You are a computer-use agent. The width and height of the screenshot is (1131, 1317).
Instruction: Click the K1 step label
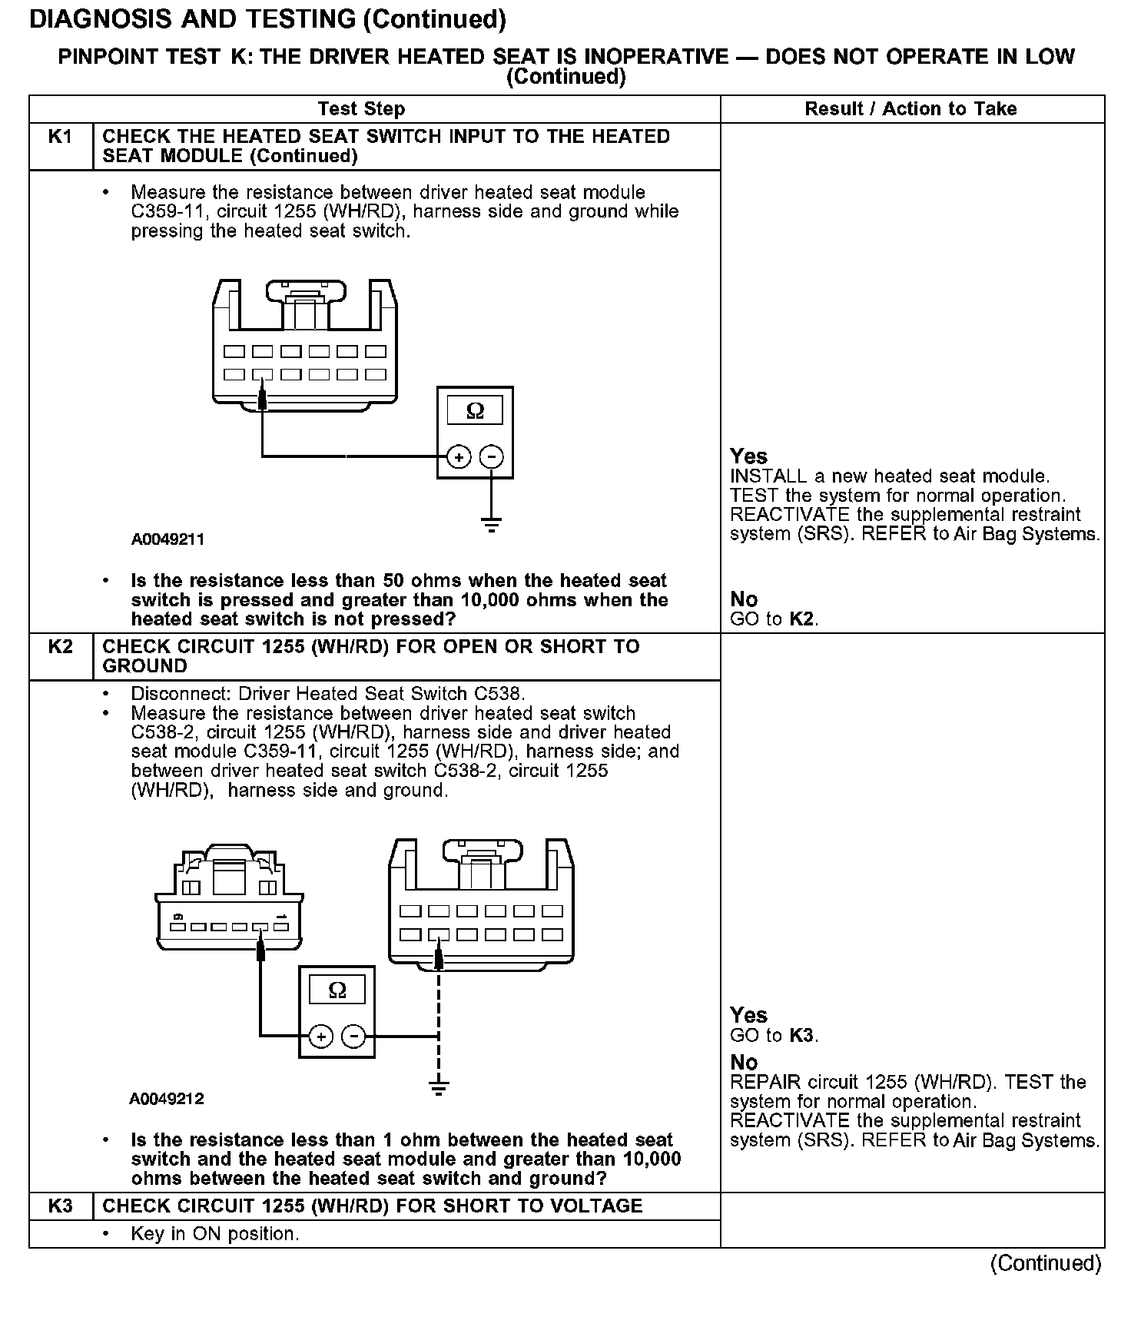click(x=60, y=137)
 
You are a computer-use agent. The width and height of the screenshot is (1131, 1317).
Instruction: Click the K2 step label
click(x=60, y=647)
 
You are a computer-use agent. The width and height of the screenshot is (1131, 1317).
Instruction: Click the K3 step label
click(x=60, y=1206)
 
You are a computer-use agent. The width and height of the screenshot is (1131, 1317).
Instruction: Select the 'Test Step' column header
click(x=361, y=109)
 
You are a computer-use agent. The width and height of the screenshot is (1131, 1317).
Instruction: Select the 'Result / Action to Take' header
click(x=910, y=109)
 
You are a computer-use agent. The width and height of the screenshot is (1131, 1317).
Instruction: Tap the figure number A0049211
click(x=167, y=539)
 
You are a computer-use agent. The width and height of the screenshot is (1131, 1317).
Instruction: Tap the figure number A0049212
click(x=167, y=1099)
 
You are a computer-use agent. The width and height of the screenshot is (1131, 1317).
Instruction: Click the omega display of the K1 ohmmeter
click(x=475, y=411)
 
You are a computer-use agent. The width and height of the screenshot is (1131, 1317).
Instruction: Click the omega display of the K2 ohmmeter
click(x=337, y=990)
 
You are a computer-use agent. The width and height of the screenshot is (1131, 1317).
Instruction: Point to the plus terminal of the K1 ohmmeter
click(x=459, y=457)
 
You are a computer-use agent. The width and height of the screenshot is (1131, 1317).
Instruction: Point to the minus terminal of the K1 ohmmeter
click(x=492, y=457)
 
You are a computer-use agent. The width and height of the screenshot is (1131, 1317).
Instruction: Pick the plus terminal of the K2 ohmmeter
click(x=320, y=1037)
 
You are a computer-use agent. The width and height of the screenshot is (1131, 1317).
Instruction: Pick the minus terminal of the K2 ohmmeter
click(x=353, y=1037)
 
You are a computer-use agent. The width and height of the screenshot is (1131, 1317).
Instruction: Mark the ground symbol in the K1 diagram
click(x=492, y=526)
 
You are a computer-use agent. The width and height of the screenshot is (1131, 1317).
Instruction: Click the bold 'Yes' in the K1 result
click(x=748, y=456)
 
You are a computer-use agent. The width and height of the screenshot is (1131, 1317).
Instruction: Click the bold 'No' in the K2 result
click(x=744, y=1063)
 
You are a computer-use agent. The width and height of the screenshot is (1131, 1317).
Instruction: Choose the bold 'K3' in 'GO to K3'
click(x=801, y=1036)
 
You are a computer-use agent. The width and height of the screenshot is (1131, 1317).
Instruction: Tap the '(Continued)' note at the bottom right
click(x=1046, y=1263)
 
